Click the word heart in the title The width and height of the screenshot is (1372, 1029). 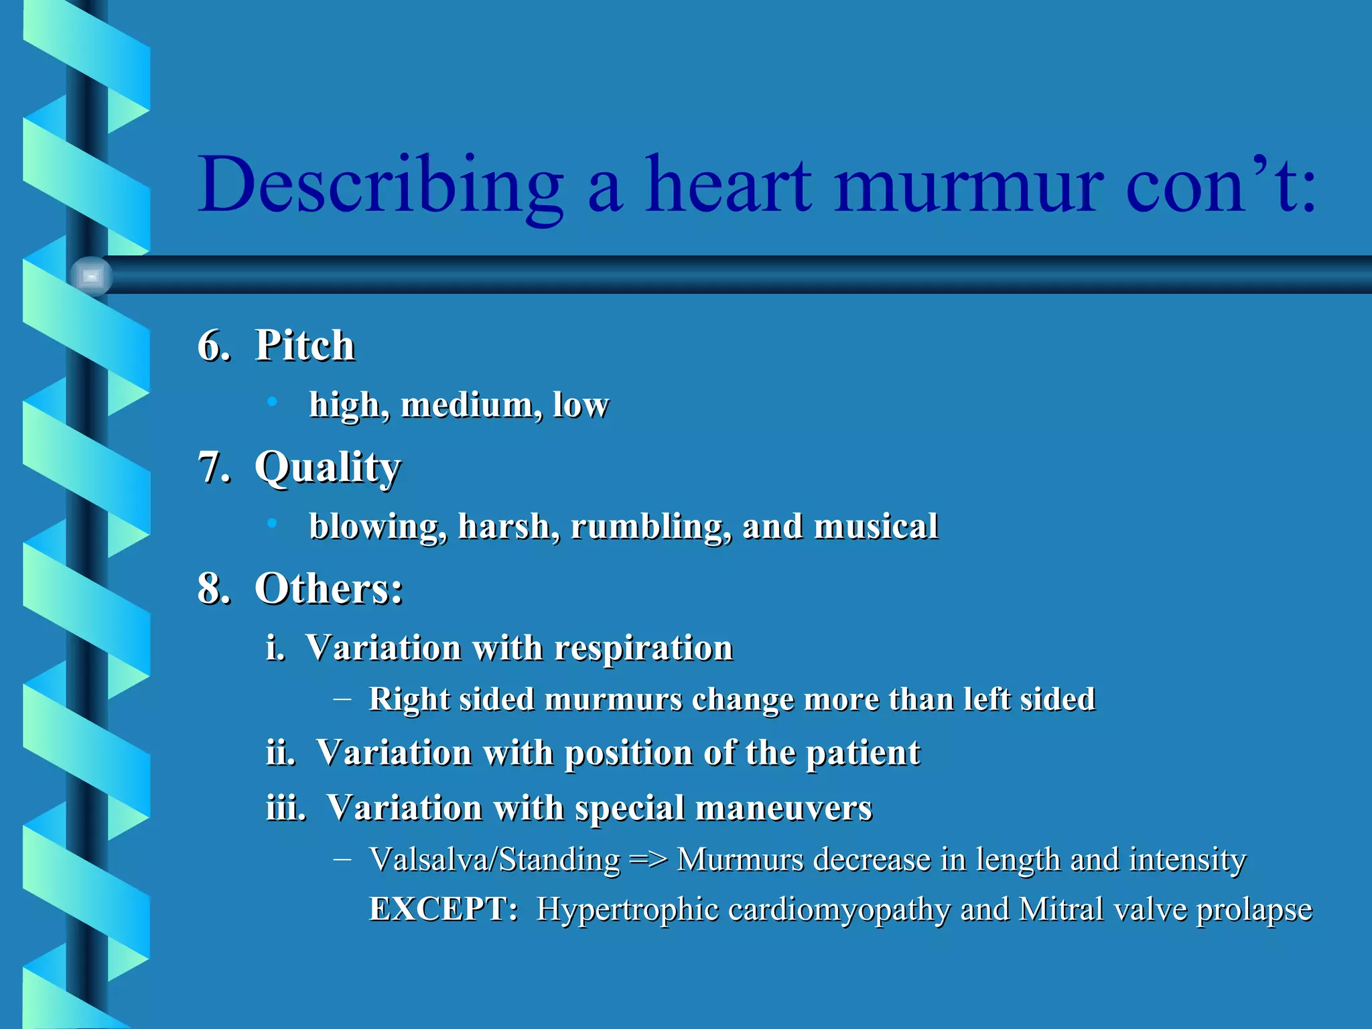point(728,185)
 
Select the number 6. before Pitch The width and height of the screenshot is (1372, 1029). point(214,346)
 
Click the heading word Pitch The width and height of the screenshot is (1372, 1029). point(305,346)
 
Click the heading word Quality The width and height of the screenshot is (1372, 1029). point(328,467)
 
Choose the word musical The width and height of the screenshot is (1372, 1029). point(876,527)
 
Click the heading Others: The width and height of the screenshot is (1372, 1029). point(328,589)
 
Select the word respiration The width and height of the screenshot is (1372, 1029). point(643,648)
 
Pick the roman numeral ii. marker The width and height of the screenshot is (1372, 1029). point(281,752)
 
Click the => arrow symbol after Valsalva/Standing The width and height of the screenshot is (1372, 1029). point(648,860)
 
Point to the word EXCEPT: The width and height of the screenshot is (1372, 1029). point(443,910)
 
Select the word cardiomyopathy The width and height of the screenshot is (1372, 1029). point(839,910)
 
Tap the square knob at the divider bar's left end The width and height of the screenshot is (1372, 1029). point(91,276)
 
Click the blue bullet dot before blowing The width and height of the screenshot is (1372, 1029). point(271,523)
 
